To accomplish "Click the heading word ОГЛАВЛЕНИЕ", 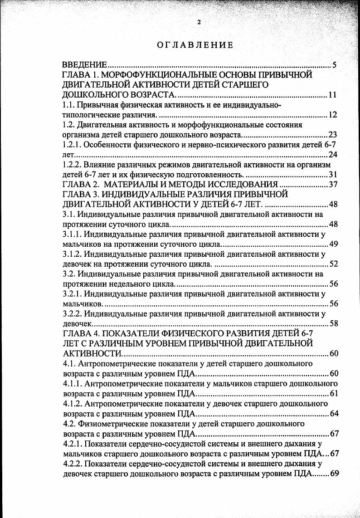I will pos(195,45).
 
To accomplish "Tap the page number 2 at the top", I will pos(199,22).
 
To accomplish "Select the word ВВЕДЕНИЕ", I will pos(84,65).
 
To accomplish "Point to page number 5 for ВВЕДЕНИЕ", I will pos(334,65).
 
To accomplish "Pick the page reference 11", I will pos(332,95).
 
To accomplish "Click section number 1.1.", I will pos(68,105).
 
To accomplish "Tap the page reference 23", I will pos(332,135).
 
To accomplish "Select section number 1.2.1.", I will pos(71,145).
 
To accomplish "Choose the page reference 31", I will pos(332,175).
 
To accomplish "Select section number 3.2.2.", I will pos(71,313).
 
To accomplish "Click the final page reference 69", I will pos(334,474).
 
